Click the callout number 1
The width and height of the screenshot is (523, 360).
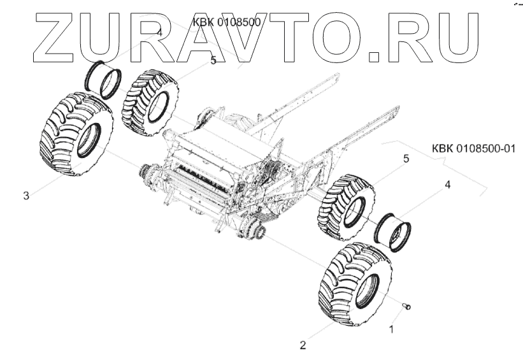tap(392, 330)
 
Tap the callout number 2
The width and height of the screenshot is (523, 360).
tap(303, 345)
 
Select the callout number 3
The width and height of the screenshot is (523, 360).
tap(26, 196)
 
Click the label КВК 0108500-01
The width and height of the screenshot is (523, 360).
tap(473, 149)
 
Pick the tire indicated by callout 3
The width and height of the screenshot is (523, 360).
tap(76, 133)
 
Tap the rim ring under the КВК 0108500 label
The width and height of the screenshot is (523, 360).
tap(104, 79)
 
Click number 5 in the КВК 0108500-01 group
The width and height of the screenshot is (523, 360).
tap(405, 159)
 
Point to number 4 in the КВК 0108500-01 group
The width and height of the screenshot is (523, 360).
tap(447, 185)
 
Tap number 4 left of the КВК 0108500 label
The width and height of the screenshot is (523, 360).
tap(159, 32)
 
